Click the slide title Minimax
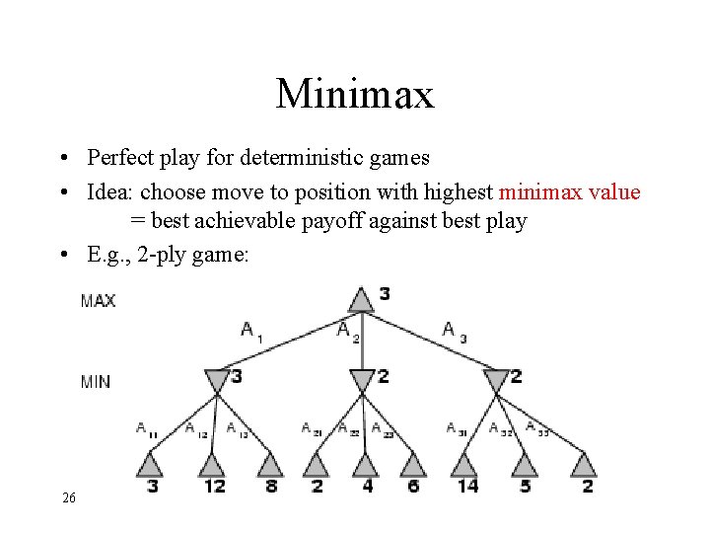coord(355,95)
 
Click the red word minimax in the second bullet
coord(544,191)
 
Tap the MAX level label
coord(99,301)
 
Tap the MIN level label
coord(96,380)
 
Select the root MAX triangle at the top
coord(362,297)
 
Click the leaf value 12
coord(214,486)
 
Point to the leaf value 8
coord(271,486)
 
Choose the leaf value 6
coord(412,486)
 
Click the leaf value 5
coord(526,486)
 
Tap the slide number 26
coord(68,498)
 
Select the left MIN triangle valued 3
coord(216,379)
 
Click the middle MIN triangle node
coord(362,379)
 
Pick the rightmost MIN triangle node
coord(496,379)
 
